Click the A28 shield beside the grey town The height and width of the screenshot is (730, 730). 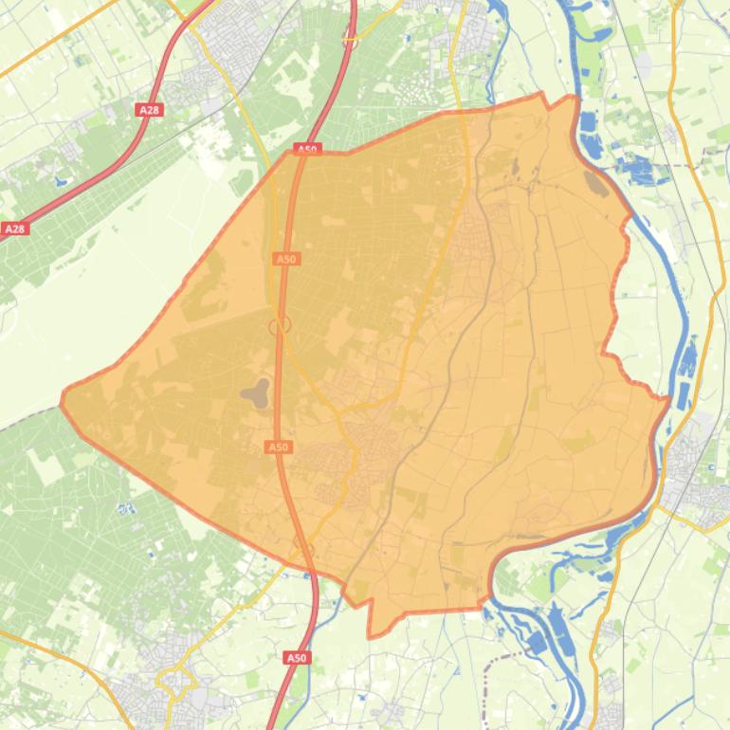[149, 110]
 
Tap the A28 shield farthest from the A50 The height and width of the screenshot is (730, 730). [15, 228]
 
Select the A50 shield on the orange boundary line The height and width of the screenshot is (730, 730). [307, 149]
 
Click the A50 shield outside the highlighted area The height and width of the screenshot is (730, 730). [297, 657]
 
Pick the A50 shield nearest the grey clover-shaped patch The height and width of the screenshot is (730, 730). [278, 447]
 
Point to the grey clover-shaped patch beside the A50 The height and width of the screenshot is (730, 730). [256, 392]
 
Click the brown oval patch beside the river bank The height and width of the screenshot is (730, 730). [597, 182]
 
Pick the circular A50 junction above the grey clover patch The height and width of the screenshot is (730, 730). [280, 325]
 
